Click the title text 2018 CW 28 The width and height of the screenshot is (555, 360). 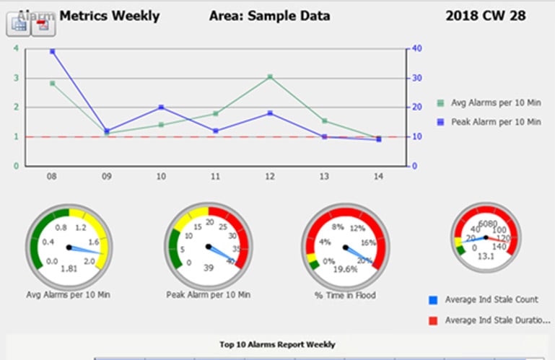[x=486, y=15]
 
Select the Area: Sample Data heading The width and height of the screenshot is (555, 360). [x=269, y=15]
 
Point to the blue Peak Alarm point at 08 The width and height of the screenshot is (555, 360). [x=52, y=52]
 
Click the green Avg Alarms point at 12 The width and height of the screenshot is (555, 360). [x=269, y=76]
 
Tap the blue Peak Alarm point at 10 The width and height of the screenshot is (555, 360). [x=161, y=107]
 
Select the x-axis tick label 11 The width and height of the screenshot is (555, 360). [x=215, y=176]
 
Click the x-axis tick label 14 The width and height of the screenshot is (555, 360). [x=378, y=176]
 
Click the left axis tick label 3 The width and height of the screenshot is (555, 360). [x=16, y=78]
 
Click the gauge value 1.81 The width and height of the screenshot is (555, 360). [x=69, y=268]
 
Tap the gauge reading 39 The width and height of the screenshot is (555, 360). [x=209, y=268]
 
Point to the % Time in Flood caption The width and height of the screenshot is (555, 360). [x=344, y=294]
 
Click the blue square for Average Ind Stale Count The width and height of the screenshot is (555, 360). [x=432, y=299]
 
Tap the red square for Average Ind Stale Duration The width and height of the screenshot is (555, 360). [x=432, y=320]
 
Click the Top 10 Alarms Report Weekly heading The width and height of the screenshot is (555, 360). [x=277, y=345]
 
